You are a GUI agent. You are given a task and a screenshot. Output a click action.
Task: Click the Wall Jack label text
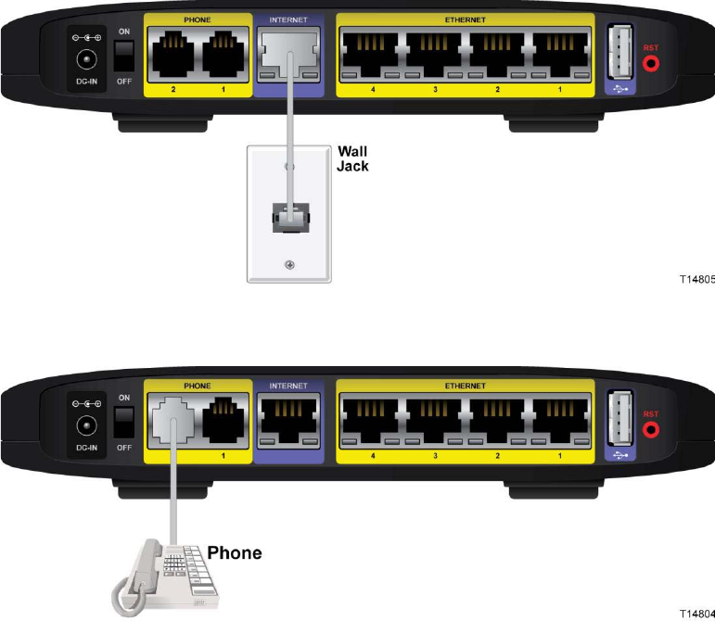pyautogui.click(x=353, y=158)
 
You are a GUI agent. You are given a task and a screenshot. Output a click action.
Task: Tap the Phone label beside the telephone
pyautogui.click(x=234, y=553)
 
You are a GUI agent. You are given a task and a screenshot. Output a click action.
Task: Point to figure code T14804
pyautogui.click(x=696, y=614)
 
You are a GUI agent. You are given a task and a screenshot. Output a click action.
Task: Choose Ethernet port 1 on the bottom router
pyautogui.click(x=559, y=418)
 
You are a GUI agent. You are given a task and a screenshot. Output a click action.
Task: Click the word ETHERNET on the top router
pyautogui.click(x=465, y=19)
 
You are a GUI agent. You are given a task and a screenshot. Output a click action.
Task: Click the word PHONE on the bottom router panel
pyautogui.click(x=198, y=384)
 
